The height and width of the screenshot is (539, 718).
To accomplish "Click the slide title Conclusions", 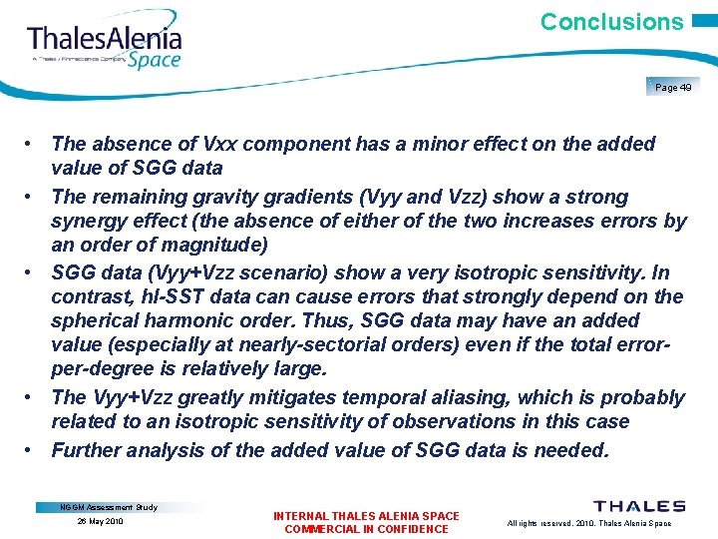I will point(611,22).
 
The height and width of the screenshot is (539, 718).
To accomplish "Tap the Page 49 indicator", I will point(673,88).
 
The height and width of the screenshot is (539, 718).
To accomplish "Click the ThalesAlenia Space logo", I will point(105,45).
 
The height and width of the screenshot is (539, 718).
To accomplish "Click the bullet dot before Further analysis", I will point(33,450).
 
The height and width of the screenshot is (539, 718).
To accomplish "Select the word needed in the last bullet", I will point(569,450).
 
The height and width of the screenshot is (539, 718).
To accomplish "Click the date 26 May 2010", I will point(99,521).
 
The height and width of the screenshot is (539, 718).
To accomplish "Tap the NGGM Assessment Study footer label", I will point(109,507).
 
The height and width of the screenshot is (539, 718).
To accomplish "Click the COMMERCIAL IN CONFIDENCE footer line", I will point(366,529).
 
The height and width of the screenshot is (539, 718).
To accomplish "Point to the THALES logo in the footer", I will point(639,507).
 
